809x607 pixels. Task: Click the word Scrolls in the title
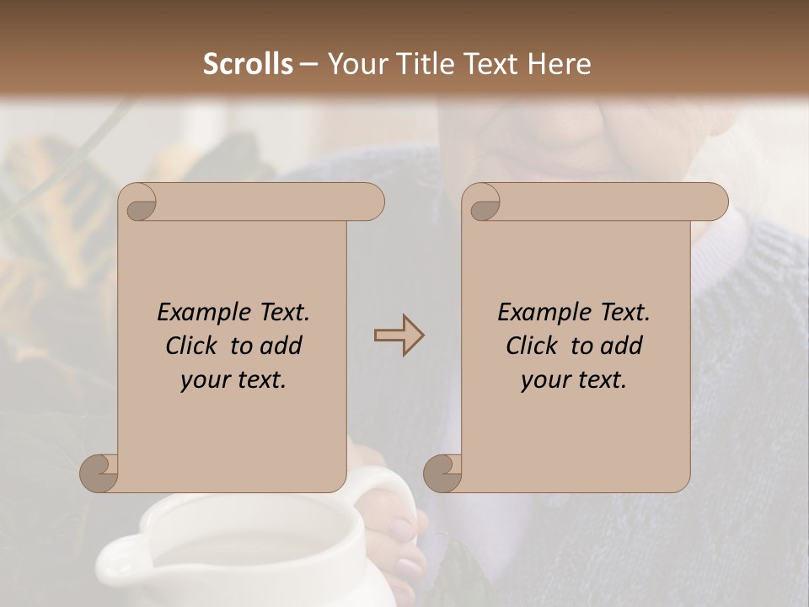click(x=248, y=64)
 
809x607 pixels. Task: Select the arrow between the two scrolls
click(x=399, y=336)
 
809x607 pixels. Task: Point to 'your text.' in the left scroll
click(x=233, y=380)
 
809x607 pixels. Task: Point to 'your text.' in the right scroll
click(x=574, y=380)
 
